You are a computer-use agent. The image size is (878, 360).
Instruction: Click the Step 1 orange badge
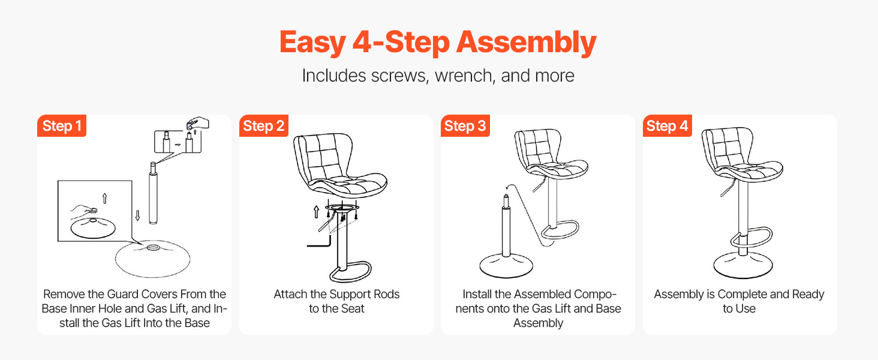pos(62,126)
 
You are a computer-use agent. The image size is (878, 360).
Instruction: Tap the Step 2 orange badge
pos(264,126)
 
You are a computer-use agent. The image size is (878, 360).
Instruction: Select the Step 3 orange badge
pos(465,126)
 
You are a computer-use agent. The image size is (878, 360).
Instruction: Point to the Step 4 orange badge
pos(667,126)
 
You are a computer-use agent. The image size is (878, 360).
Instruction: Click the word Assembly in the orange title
pos(527,43)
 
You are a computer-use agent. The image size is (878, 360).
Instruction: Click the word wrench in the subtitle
pos(464,76)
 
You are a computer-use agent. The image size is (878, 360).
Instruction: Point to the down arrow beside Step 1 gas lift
pos(137,215)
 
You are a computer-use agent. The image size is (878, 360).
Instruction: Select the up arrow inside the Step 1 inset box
pos(105,198)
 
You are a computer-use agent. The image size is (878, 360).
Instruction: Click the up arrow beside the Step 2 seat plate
pos(316,212)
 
